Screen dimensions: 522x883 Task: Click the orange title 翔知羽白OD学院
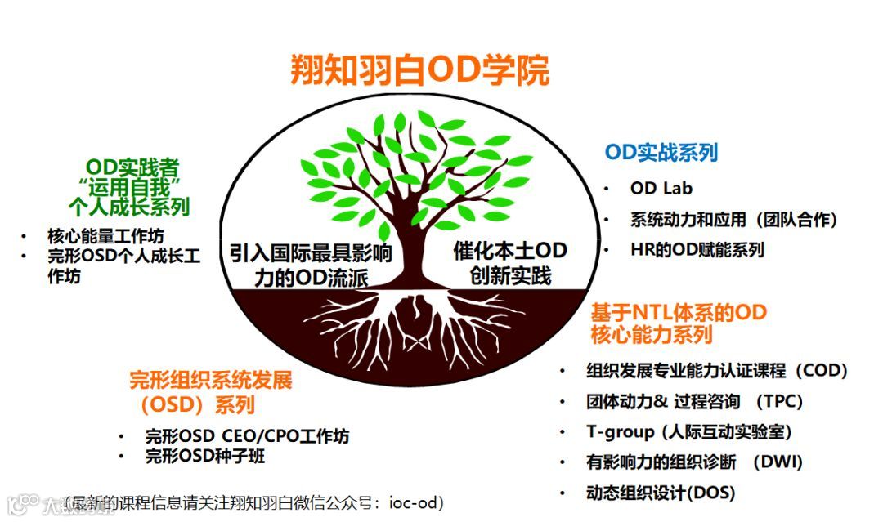click(x=419, y=70)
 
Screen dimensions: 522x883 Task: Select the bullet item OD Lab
click(x=661, y=188)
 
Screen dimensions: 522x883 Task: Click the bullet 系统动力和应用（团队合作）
click(x=733, y=219)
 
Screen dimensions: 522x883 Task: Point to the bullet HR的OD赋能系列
click(x=697, y=250)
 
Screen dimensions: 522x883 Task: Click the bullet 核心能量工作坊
click(x=105, y=236)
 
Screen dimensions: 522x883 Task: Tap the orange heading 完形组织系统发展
click(x=210, y=381)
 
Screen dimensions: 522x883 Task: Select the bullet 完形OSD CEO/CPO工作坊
click(x=247, y=437)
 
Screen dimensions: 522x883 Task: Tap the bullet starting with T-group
click(x=688, y=431)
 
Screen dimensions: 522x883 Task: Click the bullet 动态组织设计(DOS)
click(x=661, y=493)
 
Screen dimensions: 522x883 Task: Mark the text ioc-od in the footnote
click(x=417, y=502)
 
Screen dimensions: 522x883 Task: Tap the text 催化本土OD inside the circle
click(x=509, y=250)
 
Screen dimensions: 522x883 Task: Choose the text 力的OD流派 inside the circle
click(x=311, y=278)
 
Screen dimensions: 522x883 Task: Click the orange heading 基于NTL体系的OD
click(x=679, y=313)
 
